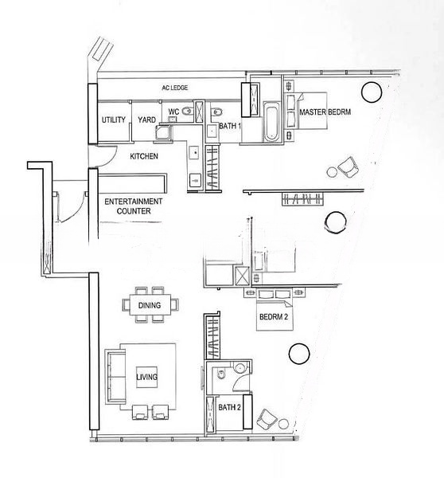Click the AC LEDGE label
[174, 88]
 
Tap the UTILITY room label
[114, 119]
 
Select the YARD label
[146, 119]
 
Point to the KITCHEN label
[144, 156]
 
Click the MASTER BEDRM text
[325, 112]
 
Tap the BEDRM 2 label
[274, 317]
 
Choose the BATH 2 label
[230, 407]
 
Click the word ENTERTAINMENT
[134, 202]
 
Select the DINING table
[150, 304]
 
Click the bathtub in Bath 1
[271, 122]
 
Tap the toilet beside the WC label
[187, 112]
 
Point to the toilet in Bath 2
[220, 374]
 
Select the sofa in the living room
[115, 377]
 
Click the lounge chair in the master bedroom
[348, 167]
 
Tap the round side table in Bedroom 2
[283, 424]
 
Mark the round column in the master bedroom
[372, 92]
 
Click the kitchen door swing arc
[111, 160]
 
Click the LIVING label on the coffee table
[146, 377]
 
